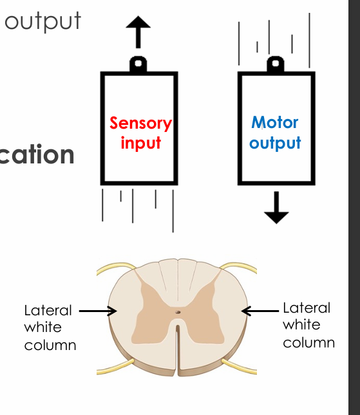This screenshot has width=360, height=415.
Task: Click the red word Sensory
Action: point(140,123)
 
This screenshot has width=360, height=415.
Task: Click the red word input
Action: point(140,142)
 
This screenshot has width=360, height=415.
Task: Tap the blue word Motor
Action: point(275,122)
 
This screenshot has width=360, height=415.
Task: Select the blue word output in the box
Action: point(275,142)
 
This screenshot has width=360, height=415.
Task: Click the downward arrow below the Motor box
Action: point(276,208)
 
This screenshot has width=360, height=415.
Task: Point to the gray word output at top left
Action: point(43,21)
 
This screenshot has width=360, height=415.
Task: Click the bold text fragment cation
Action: point(37,155)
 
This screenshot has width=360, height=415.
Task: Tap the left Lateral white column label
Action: point(50,327)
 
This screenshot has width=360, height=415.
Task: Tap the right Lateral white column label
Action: point(308,325)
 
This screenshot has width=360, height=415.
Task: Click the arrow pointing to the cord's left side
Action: point(98,311)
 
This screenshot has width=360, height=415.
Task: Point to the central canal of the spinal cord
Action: point(178,313)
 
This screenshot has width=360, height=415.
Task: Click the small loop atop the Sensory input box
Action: point(138,64)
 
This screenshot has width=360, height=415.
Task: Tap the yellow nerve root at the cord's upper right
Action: point(242,266)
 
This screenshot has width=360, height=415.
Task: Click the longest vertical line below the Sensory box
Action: point(173,210)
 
